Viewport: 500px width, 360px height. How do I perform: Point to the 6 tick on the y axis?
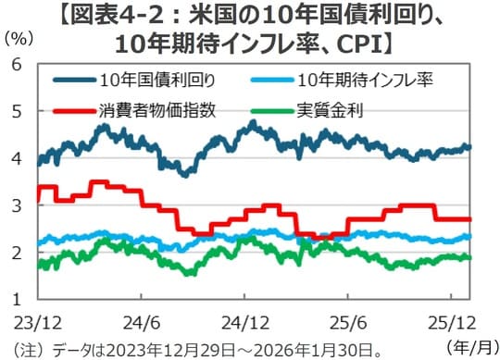pyautogui.click(x=15, y=64)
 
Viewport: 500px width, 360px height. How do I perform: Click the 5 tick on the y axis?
pyautogui.click(x=15, y=111)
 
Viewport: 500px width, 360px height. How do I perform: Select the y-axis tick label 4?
pyautogui.click(x=15, y=158)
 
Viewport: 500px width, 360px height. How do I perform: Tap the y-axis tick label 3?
pyautogui.click(x=15, y=205)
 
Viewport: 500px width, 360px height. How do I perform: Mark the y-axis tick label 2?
pyautogui.click(x=15, y=253)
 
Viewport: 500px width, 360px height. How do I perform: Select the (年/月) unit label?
pyautogui.click(x=470, y=346)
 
